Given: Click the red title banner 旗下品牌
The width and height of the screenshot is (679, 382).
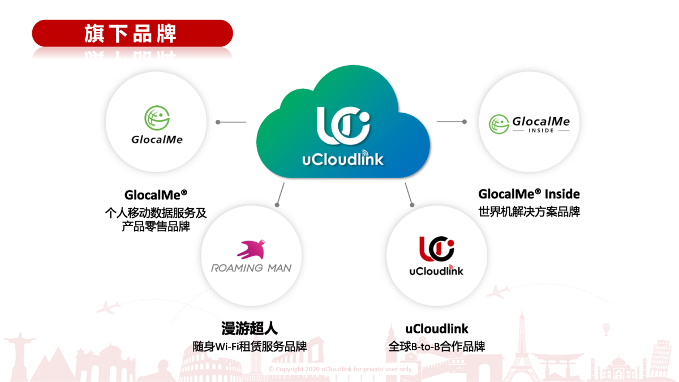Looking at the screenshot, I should pyautogui.click(x=132, y=33).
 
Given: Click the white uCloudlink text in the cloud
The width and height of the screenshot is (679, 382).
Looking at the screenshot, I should pyautogui.click(x=342, y=158).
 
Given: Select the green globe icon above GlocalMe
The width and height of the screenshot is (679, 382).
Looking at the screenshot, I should pyautogui.click(x=157, y=118).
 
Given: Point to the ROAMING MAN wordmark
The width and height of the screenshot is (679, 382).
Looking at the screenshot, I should pyautogui.click(x=251, y=268).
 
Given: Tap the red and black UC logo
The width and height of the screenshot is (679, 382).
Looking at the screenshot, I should pyautogui.click(x=436, y=249).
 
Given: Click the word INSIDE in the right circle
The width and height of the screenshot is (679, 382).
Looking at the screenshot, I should pyautogui.click(x=530, y=131).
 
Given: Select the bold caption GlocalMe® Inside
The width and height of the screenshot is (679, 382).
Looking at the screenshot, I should pyautogui.click(x=529, y=194).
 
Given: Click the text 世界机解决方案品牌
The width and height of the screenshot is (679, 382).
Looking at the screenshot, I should pyautogui.click(x=529, y=212).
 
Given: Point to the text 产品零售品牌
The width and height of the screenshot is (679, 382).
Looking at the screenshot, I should pyautogui.click(x=156, y=227).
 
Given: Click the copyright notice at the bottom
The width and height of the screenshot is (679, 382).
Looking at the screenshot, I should pyautogui.click(x=340, y=369).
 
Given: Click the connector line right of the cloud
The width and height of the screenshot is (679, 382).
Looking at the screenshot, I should pyautogui.click(x=452, y=122).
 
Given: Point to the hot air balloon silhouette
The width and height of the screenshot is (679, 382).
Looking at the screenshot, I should pyautogui.click(x=606, y=328).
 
